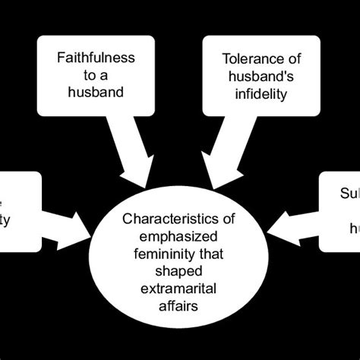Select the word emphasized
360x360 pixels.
click(179, 235)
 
